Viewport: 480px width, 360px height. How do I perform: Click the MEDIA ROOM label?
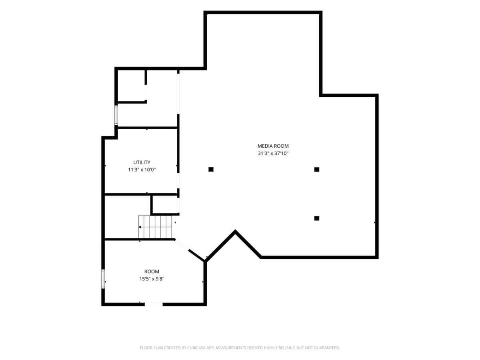[x=273, y=146]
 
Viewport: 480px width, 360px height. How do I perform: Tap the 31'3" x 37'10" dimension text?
[x=273, y=154]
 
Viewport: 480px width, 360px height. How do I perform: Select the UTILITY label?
[x=142, y=162]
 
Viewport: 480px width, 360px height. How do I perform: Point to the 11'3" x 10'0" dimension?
[x=142, y=170]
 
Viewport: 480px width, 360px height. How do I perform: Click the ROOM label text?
[x=152, y=272]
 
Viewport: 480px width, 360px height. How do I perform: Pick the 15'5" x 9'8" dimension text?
[x=152, y=279]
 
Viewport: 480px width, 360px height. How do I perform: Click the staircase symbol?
[x=155, y=227]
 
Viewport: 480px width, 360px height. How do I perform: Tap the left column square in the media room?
[x=211, y=169]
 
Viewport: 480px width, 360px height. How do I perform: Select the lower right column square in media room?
[x=317, y=218]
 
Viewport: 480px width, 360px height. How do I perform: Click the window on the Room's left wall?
[x=103, y=279]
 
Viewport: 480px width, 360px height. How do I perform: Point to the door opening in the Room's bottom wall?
[x=154, y=304]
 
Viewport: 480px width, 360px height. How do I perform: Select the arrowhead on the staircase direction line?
[x=140, y=227]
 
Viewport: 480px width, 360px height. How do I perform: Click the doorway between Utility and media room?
[x=178, y=180]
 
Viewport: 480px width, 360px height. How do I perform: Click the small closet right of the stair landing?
[x=165, y=204]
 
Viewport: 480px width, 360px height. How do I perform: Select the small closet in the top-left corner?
[x=131, y=86]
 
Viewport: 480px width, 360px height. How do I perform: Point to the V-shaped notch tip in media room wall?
[x=235, y=231]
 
